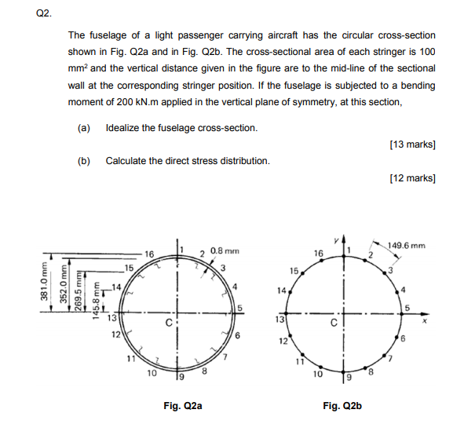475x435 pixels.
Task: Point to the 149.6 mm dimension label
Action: click(x=408, y=244)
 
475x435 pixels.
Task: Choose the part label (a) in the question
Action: click(x=84, y=128)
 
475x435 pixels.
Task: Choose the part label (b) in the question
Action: click(x=84, y=161)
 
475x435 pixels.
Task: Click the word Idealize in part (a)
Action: click(x=123, y=128)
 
